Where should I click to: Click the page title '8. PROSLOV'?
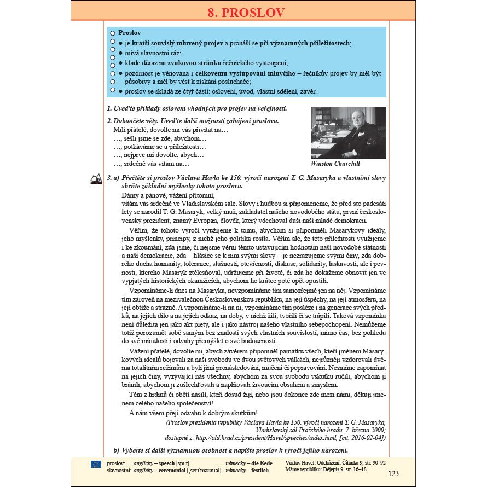click(242, 11)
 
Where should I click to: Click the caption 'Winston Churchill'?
click(335, 164)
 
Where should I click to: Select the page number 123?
click(393, 473)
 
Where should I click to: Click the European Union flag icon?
click(96, 464)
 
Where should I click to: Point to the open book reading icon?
click(96, 178)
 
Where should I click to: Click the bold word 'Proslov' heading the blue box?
click(130, 33)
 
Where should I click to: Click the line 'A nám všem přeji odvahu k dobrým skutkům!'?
click(193, 413)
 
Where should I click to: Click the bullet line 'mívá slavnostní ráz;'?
click(153, 53)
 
